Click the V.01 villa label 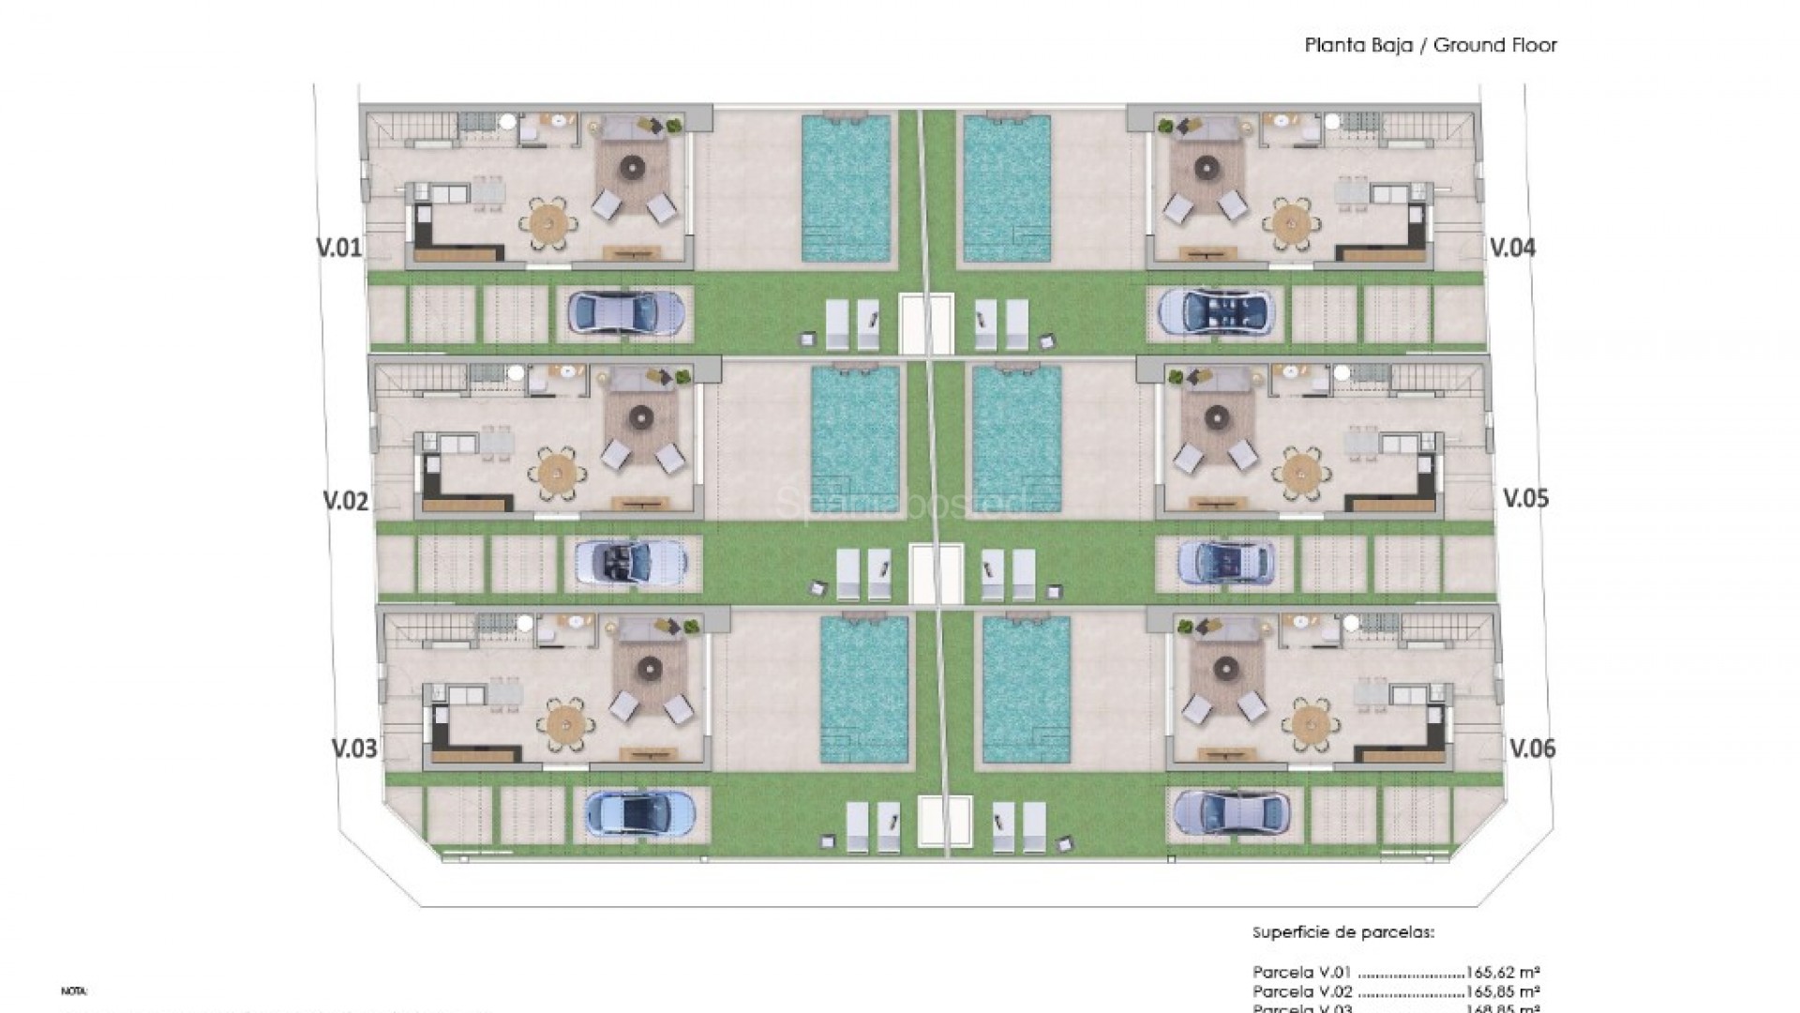pyautogui.click(x=337, y=248)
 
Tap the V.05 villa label pyautogui.click(x=1525, y=498)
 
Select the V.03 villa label pyautogui.click(x=354, y=748)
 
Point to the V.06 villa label pyautogui.click(x=1532, y=748)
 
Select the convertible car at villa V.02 pyautogui.click(x=631, y=564)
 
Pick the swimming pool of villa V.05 pyautogui.click(x=1017, y=439)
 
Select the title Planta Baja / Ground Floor pyautogui.click(x=1430, y=45)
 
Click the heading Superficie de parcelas pyautogui.click(x=1343, y=932)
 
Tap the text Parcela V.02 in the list pyautogui.click(x=1302, y=990)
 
